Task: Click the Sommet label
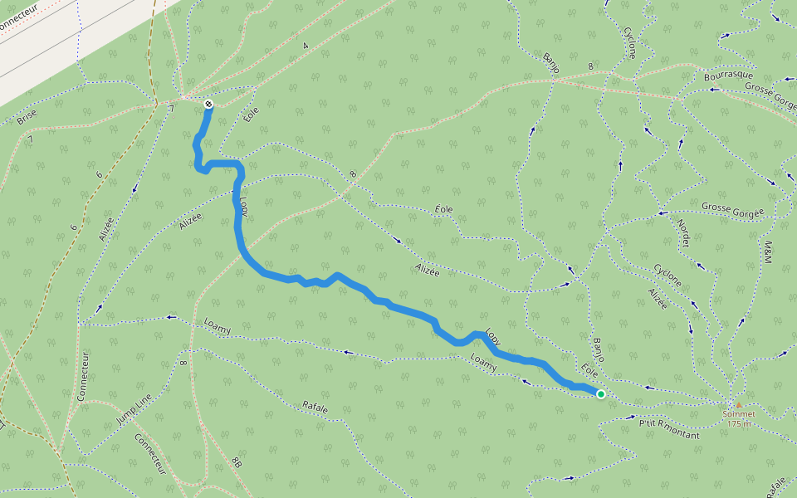tap(738, 414)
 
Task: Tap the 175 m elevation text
tap(738, 424)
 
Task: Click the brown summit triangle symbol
tap(738, 405)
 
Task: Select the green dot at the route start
tap(600, 394)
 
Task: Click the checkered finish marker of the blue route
tap(208, 104)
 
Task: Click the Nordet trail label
tap(683, 232)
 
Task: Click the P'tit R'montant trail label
tap(669, 429)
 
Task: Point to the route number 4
tap(306, 46)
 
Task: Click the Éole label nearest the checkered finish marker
tap(252, 113)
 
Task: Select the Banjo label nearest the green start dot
tap(598, 349)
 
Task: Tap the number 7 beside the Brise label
tap(30, 139)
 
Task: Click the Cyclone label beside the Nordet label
tap(667, 276)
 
